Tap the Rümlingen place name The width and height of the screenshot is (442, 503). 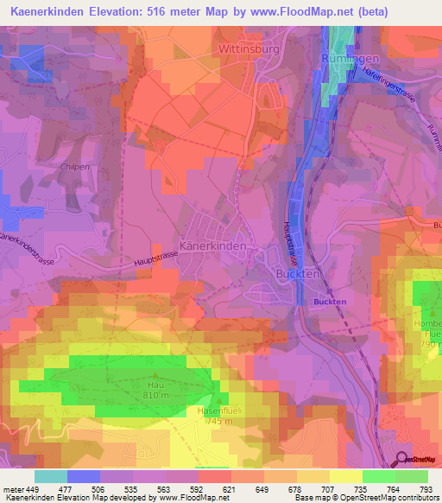pos(350,58)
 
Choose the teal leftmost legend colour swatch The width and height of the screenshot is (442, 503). pos(51,476)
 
